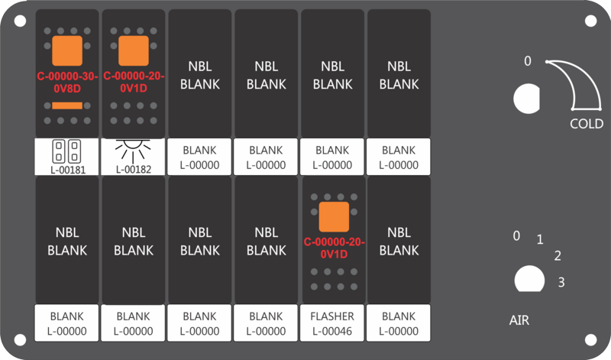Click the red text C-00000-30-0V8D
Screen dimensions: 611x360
[67, 83]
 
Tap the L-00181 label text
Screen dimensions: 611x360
[68, 170]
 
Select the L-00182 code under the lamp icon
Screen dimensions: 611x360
[134, 169]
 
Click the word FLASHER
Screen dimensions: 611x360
[332, 316]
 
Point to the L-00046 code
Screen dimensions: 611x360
[332, 331]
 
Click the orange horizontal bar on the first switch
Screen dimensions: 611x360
[67, 105]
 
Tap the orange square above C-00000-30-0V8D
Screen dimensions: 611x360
[67, 50]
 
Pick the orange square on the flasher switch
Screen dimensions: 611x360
[334, 217]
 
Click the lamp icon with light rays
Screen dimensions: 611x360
[133, 150]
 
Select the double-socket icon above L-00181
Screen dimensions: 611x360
[66, 151]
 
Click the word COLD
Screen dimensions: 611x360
[587, 124]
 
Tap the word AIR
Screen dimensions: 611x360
[519, 320]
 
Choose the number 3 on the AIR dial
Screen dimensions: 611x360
[561, 282]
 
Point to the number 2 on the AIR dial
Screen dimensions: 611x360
[558, 256]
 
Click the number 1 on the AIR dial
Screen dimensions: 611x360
[540, 239]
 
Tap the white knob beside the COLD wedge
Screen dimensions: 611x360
[526, 99]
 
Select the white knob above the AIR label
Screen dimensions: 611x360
[529, 279]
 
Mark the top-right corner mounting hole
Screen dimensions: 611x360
[590, 21]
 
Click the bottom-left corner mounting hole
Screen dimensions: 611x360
[20, 339]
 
